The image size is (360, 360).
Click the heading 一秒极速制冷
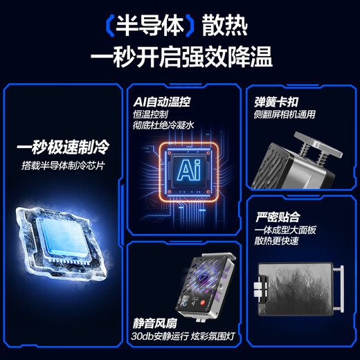[64, 147]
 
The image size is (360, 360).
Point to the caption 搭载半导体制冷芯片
[64, 165]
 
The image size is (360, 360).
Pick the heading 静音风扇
[155, 323]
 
